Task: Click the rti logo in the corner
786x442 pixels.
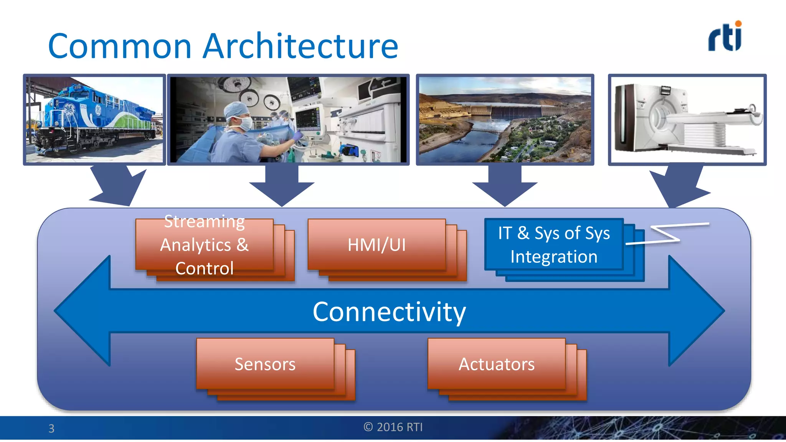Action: (725, 37)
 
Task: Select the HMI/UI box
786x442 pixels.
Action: (376, 245)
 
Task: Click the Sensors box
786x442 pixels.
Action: (265, 364)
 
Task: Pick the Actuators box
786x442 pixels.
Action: (497, 364)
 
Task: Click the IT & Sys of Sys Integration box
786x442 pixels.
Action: (554, 244)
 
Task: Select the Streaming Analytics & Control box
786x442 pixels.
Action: (205, 245)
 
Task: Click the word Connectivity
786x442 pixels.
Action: (389, 312)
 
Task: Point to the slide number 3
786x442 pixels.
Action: (51, 428)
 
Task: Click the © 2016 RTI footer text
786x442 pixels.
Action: (393, 427)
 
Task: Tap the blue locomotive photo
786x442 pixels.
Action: (94, 120)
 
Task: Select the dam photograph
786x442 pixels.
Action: (505, 120)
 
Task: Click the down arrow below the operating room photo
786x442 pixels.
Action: (282, 186)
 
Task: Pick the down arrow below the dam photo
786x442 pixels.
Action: (505, 186)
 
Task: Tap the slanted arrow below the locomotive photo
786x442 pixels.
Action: (117, 186)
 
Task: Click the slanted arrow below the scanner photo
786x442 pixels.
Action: (679, 186)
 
